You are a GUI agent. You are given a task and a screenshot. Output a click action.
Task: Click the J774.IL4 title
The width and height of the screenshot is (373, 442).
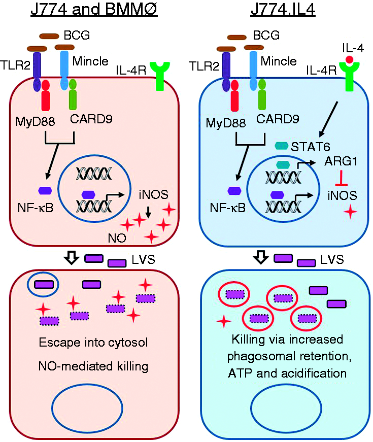pyautogui.click(x=283, y=10)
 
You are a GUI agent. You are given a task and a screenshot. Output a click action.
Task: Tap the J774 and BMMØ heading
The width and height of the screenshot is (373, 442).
pyautogui.click(x=94, y=10)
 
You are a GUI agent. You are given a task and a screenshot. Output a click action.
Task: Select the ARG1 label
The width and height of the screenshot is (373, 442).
pyautogui.click(x=341, y=161)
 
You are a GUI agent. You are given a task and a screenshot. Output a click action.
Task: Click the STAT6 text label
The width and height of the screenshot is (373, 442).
pyautogui.click(x=311, y=147)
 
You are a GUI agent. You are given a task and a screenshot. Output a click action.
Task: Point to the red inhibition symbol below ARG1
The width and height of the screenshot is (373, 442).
pyautogui.click(x=341, y=178)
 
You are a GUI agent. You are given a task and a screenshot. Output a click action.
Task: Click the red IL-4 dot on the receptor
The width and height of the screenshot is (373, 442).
pyautogui.click(x=349, y=59)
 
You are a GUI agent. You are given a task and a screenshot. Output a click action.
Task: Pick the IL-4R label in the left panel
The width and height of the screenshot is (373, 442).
pyautogui.click(x=131, y=71)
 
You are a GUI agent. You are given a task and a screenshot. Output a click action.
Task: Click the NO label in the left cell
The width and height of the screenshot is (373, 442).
pyautogui.click(x=117, y=239)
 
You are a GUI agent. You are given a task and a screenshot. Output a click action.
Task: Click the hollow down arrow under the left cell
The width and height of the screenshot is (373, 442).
pyautogui.click(x=72, y=257)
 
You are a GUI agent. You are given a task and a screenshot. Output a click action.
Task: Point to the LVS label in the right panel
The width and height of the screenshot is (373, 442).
pyautogui.click(x=332, y=259)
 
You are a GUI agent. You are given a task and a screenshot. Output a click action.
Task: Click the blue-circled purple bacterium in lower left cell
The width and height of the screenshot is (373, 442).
pyautogui.click(x=44, y=284)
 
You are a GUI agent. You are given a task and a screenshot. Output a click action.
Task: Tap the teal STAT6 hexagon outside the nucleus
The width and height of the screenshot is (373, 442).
pyautogui.click(x=281, y=146)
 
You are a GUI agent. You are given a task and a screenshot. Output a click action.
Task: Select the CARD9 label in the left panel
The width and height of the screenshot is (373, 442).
pyautogui.click(x=91, y=119)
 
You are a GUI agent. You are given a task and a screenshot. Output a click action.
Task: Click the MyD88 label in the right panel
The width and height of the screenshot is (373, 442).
pyautogui.click(x=225, y=123)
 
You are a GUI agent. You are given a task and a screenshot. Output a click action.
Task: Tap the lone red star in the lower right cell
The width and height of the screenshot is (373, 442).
pyautogui.click(x=224, y=321)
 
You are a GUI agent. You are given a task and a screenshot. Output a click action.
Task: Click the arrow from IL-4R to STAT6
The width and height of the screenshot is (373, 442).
pyautogui.click(x=328, y=119)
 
